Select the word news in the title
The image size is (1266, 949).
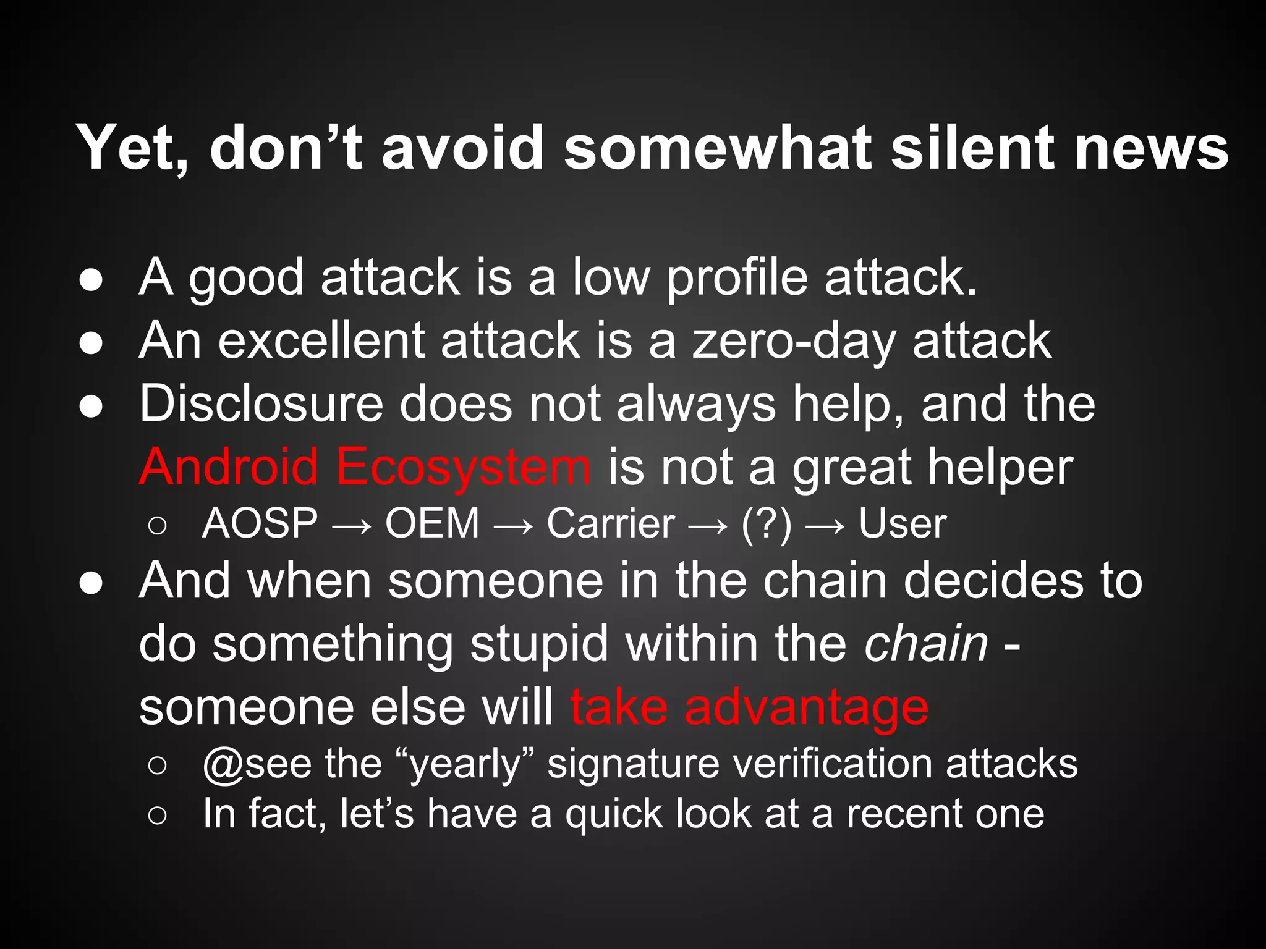coord(1151,148)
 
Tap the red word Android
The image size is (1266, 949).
coord(229,467)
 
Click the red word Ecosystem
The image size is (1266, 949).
coord(463,468)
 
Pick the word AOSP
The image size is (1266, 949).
coord(260,524)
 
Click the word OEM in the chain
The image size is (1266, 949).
coord(432,524)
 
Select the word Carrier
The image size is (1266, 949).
coord(610,524)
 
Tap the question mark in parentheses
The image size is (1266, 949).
coord(767,524)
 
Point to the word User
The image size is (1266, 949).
coord(902,524)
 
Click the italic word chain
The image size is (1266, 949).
coord(926,644)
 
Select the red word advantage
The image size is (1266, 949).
coord(806,708)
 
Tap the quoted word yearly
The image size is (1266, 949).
coord(467,765)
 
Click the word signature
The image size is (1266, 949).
coord(633,765)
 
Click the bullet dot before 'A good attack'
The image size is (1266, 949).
coord(91,280)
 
